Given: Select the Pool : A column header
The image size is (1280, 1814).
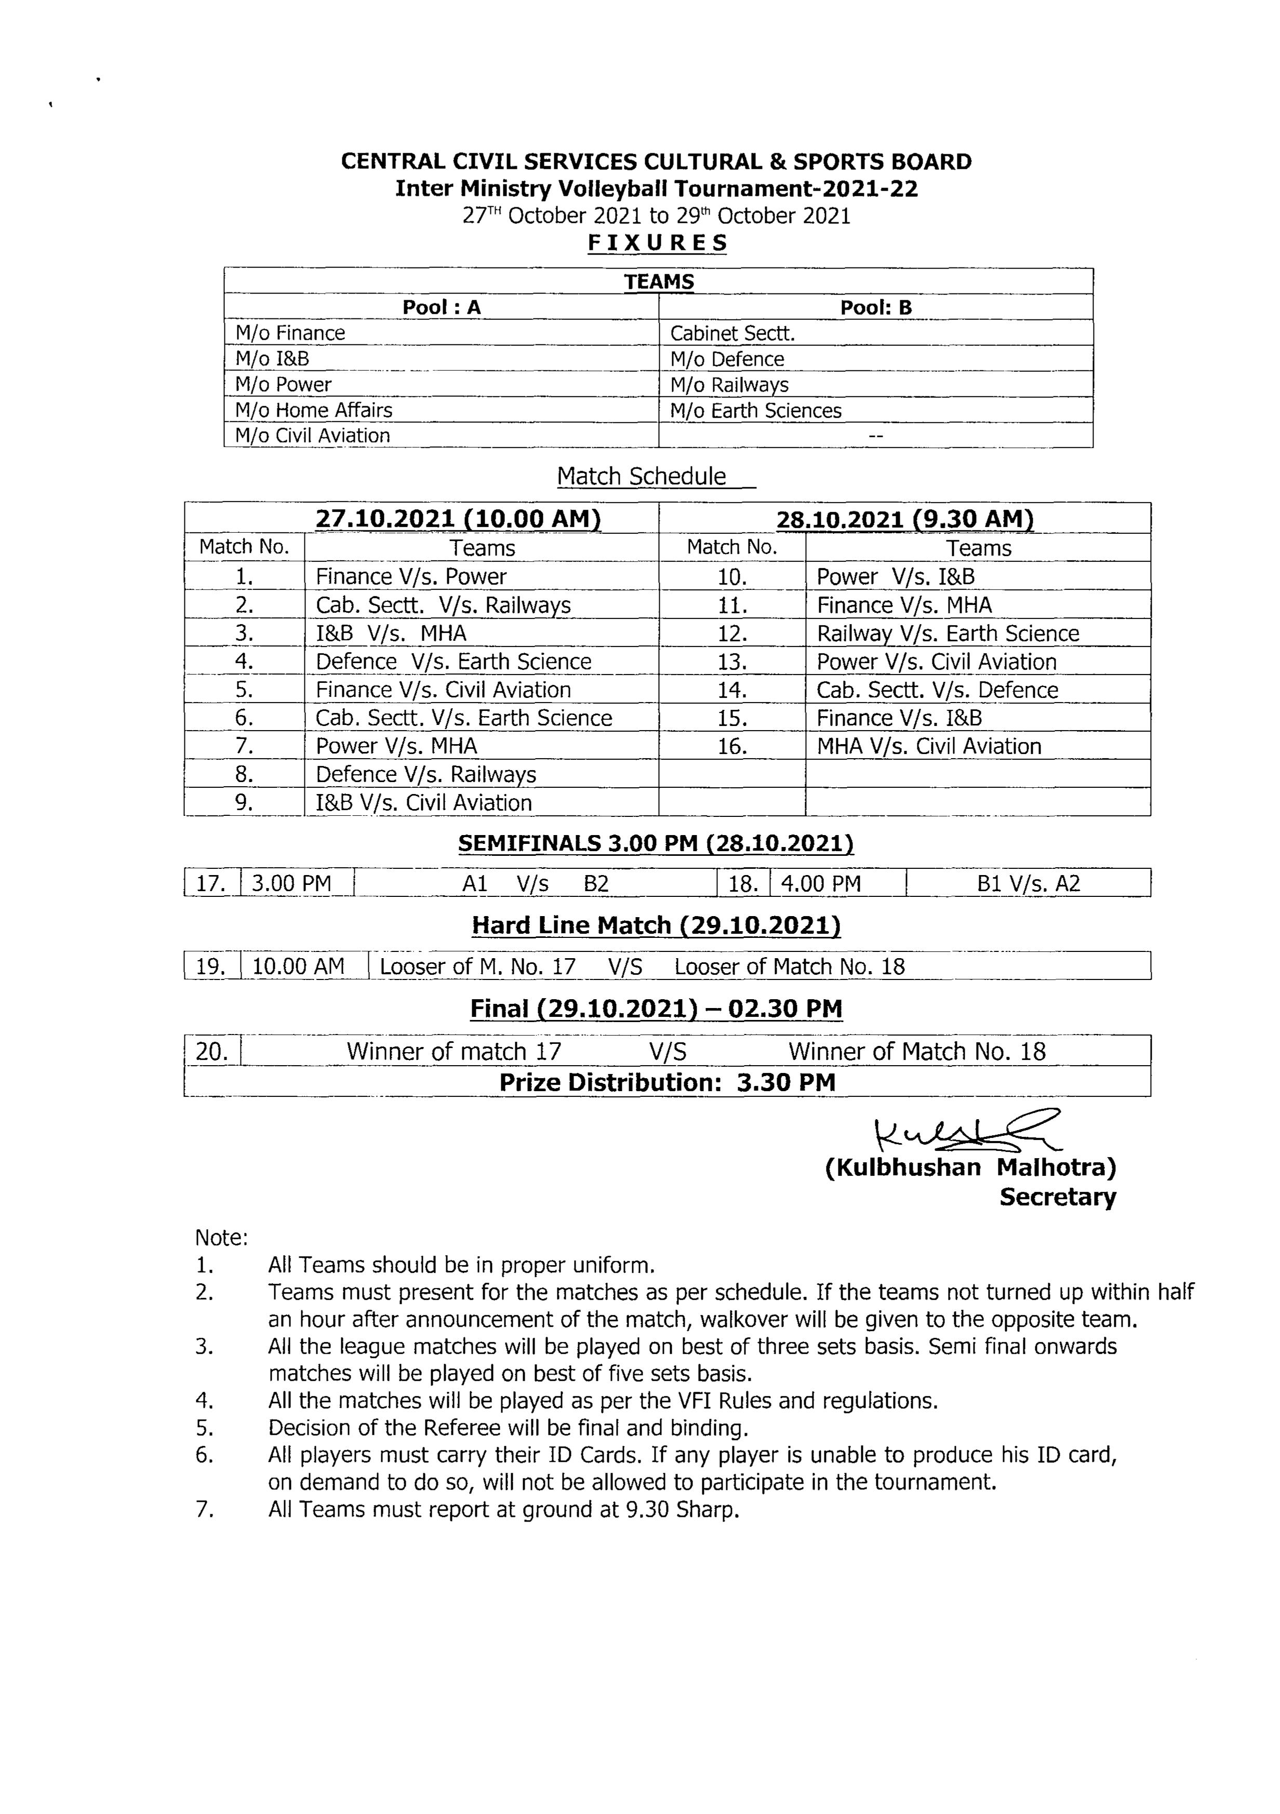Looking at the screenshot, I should point(441,307).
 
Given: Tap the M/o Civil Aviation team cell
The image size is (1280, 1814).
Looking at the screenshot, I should point(313,435).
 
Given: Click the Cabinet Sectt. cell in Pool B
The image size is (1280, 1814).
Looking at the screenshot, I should point(732,333).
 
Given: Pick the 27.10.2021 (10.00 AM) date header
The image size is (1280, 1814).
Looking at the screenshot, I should point(458,519).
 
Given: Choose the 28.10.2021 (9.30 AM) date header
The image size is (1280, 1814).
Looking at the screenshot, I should point(905,519).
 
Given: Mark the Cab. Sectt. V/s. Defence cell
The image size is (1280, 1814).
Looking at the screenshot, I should point(937,690).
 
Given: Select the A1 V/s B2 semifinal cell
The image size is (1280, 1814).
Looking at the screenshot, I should point(535,883).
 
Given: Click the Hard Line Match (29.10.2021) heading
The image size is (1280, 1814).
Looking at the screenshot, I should point(656,925).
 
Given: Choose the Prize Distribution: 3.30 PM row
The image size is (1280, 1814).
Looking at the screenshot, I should point(667,1082).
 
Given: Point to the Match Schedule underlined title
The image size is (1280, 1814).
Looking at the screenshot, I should point(642,476).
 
